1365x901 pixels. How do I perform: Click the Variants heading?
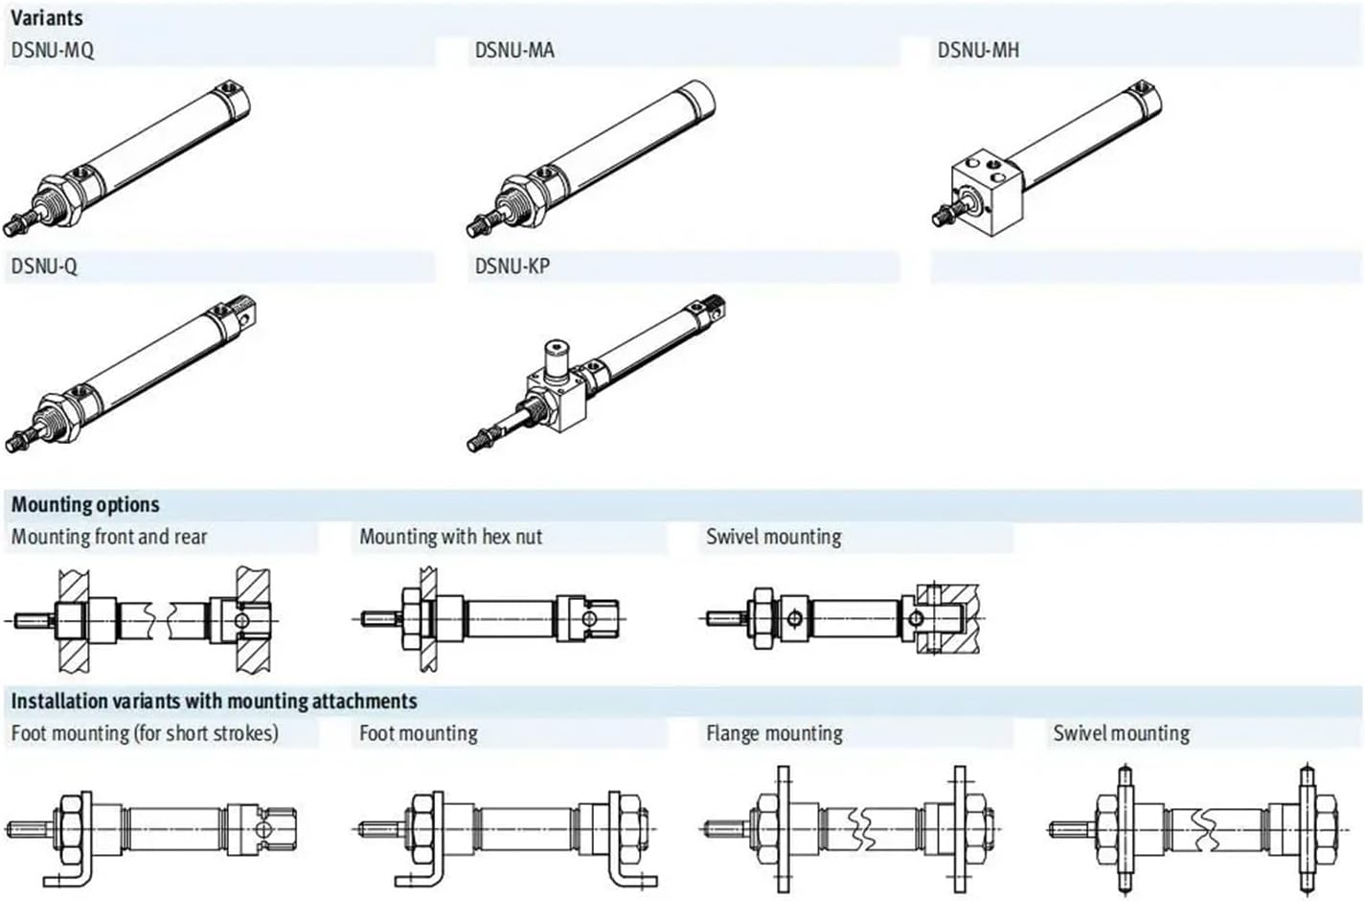[47, 17]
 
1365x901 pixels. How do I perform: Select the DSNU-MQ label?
[53, 50]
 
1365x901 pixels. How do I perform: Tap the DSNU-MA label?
[514, 50]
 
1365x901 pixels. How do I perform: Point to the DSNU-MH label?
[978, 50]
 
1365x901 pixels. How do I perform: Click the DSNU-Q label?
[44, 266]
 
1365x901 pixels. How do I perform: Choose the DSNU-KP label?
[512, 266]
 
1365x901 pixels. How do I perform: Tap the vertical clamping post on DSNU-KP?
[557, 358]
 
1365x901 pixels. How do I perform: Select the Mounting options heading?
[85, 505]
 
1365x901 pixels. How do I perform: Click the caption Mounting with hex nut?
[450, 537]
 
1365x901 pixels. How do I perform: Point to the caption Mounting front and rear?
[109, 537]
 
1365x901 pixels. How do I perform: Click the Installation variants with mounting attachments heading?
[214, 702]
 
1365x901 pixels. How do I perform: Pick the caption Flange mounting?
[774, 734]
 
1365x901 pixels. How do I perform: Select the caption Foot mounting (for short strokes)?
[145, 734]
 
